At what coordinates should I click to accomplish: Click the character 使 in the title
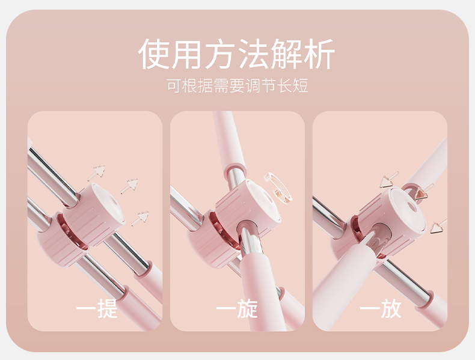153,54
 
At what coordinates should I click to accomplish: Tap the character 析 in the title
319,54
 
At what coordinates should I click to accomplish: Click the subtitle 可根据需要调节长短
237,85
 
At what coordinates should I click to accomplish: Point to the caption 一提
97,308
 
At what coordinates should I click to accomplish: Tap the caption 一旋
237,308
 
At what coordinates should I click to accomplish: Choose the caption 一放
381,308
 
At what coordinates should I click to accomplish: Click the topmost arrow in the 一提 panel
96,172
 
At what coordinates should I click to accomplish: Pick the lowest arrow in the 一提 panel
140,219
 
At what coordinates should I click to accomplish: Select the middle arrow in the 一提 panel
129,186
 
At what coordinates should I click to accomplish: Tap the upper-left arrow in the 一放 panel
389,180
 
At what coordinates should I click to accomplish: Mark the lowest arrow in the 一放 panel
438,226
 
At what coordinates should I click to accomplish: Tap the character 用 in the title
186,54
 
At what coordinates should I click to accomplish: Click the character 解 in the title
286,54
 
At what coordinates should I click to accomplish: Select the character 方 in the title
220,54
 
